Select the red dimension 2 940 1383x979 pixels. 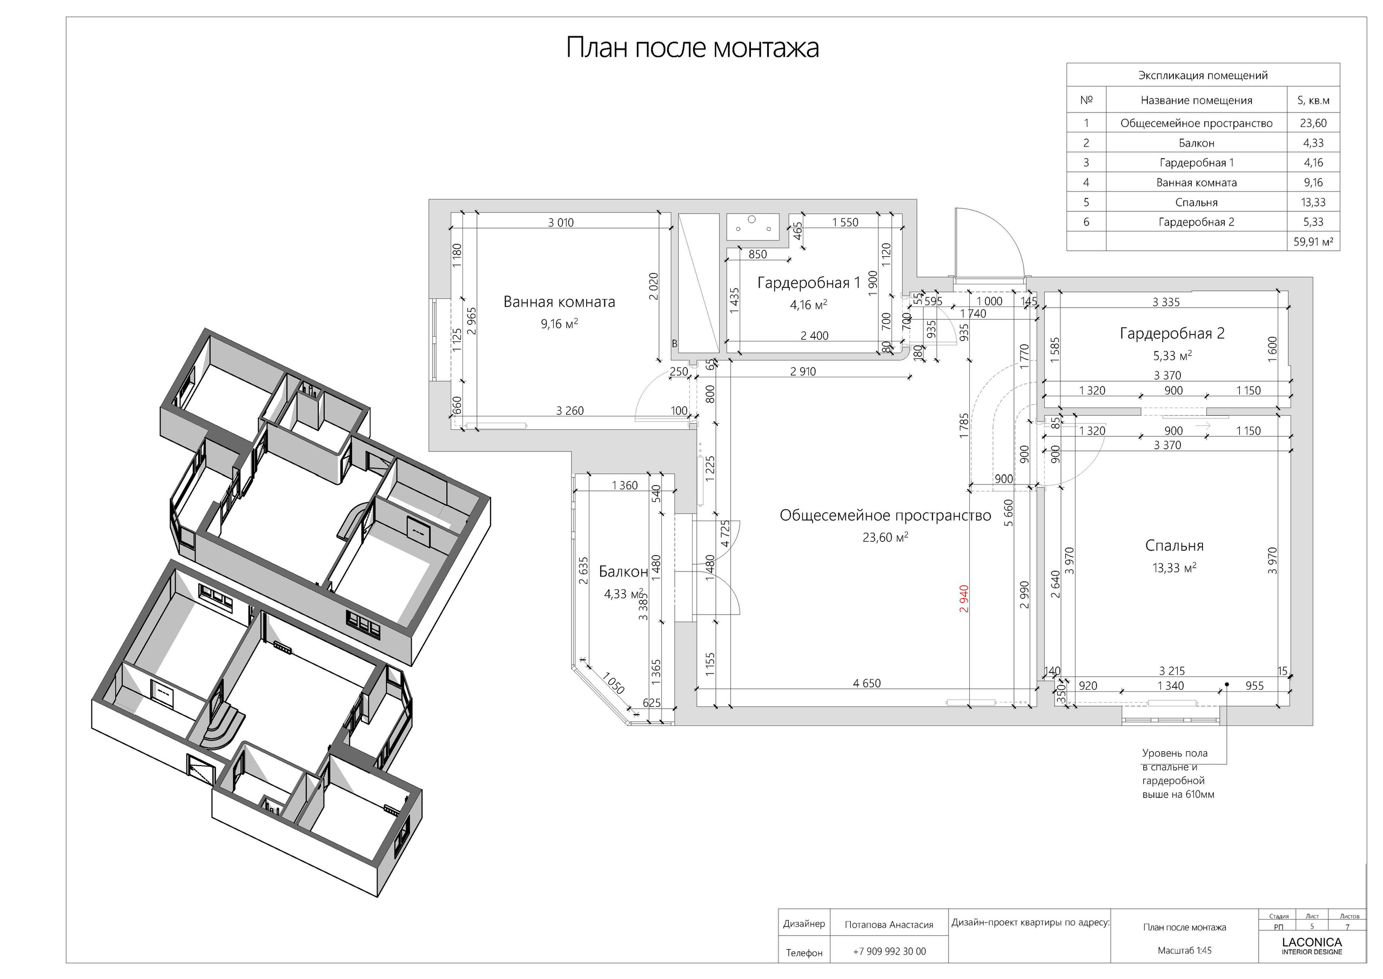964,598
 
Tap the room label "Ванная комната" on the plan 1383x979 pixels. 559,302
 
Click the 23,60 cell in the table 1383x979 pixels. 1313,123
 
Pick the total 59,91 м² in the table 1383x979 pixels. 1313,242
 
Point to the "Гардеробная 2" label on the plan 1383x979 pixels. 1172,334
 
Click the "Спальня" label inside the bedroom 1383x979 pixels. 1173,545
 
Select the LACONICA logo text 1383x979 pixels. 1311,942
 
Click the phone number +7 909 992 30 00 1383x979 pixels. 889,952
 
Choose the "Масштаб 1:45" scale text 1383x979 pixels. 1184,951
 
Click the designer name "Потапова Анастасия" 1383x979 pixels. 889,925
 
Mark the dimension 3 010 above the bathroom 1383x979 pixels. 560,222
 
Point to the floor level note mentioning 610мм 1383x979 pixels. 1178,774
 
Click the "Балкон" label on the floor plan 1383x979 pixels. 623,571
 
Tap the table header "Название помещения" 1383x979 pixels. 1196,101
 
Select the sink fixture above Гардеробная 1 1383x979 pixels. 751,226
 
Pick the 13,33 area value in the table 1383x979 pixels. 1313,202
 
